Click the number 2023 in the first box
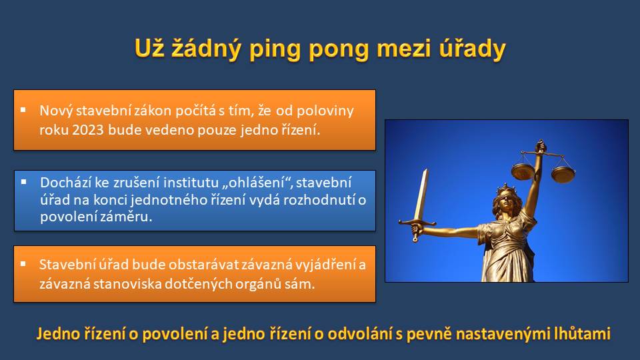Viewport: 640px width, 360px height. pos(88,130)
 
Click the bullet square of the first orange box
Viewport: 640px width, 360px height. pos(23,109)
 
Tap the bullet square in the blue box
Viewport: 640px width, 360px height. pos(24,182)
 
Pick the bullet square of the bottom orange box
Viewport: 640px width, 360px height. pos(23,264)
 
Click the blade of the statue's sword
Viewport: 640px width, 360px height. pos(421,195)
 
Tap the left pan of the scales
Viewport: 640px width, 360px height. pos(523,171)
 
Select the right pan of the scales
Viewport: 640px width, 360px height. pos(563,175)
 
